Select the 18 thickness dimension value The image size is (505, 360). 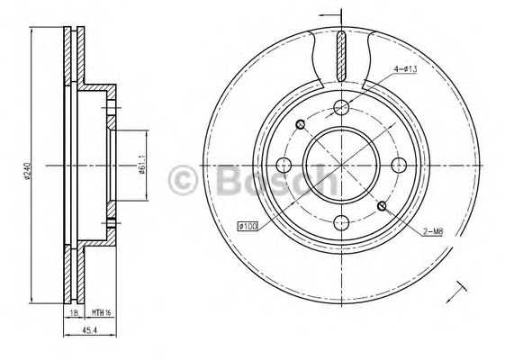click(x=73, y=312)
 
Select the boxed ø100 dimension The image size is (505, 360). click(x=248, y=226)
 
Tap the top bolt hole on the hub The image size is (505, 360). click(x=341, y=109)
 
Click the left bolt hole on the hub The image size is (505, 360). click(x=285, y=165)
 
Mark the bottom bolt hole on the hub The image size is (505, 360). click(x=341, y=220)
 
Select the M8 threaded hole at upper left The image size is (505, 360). click(x=301, y=124)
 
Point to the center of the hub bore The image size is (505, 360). click(x=341, y=165)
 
